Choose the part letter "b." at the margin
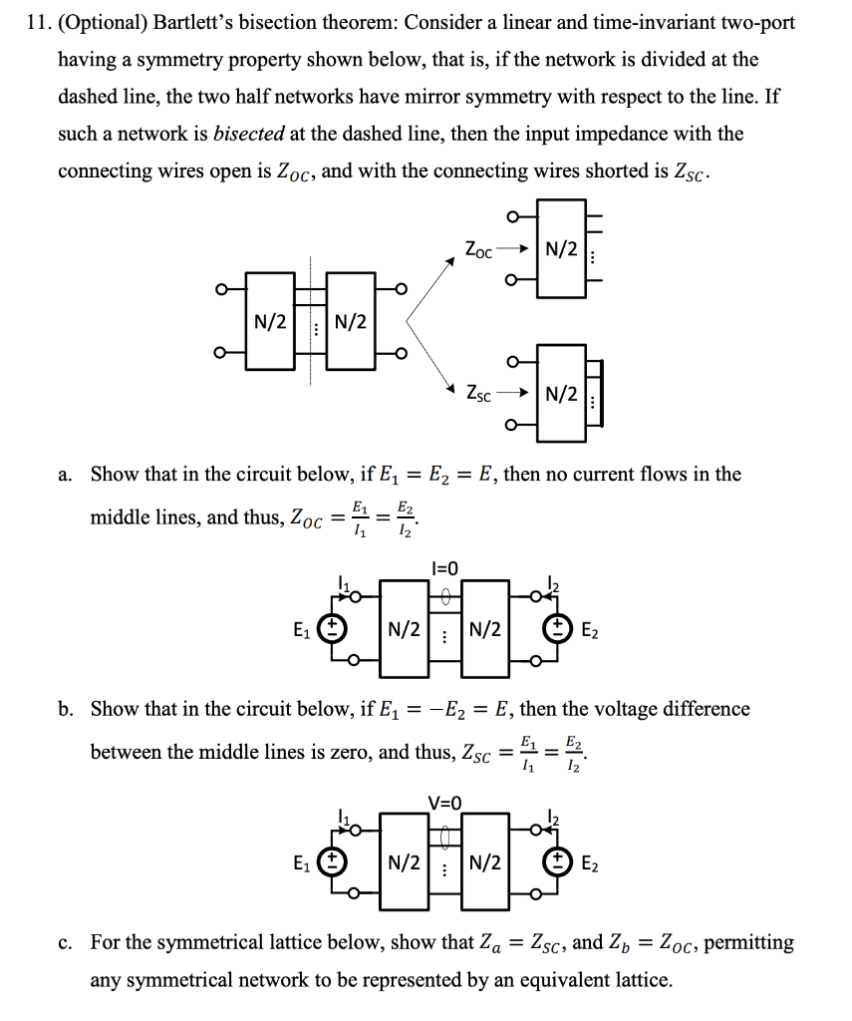point(66,709)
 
